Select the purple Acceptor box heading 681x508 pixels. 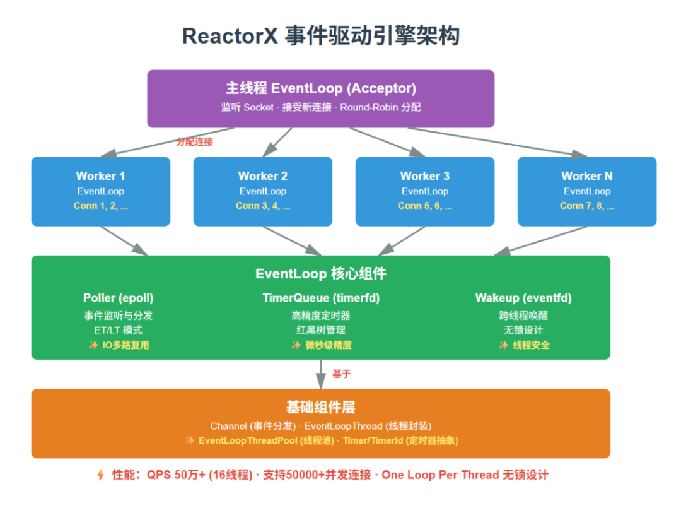tap(320, 88)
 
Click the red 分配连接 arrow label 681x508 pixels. tap(194, 142)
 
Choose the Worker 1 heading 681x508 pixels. tap(100, 176)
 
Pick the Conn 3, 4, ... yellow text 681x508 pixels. tap(262, 206)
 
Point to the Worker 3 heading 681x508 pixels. tap(424, 176)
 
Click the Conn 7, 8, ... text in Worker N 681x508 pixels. tap(586, 206)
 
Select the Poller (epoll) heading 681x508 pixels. tap(118, 298)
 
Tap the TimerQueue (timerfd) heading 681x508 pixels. tap(320, 298)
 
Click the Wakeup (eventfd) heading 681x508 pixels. tap(523, 298)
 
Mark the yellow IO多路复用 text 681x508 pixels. tap(125, 345)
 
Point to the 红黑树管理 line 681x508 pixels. tap(320, 330)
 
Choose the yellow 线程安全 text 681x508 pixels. tap(530, 345)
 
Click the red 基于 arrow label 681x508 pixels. tap(341, 374)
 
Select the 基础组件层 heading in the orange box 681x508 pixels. tap(320, 408)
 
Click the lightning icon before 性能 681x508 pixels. tap(101, 475)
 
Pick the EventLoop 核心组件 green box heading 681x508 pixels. tap(320, 274)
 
